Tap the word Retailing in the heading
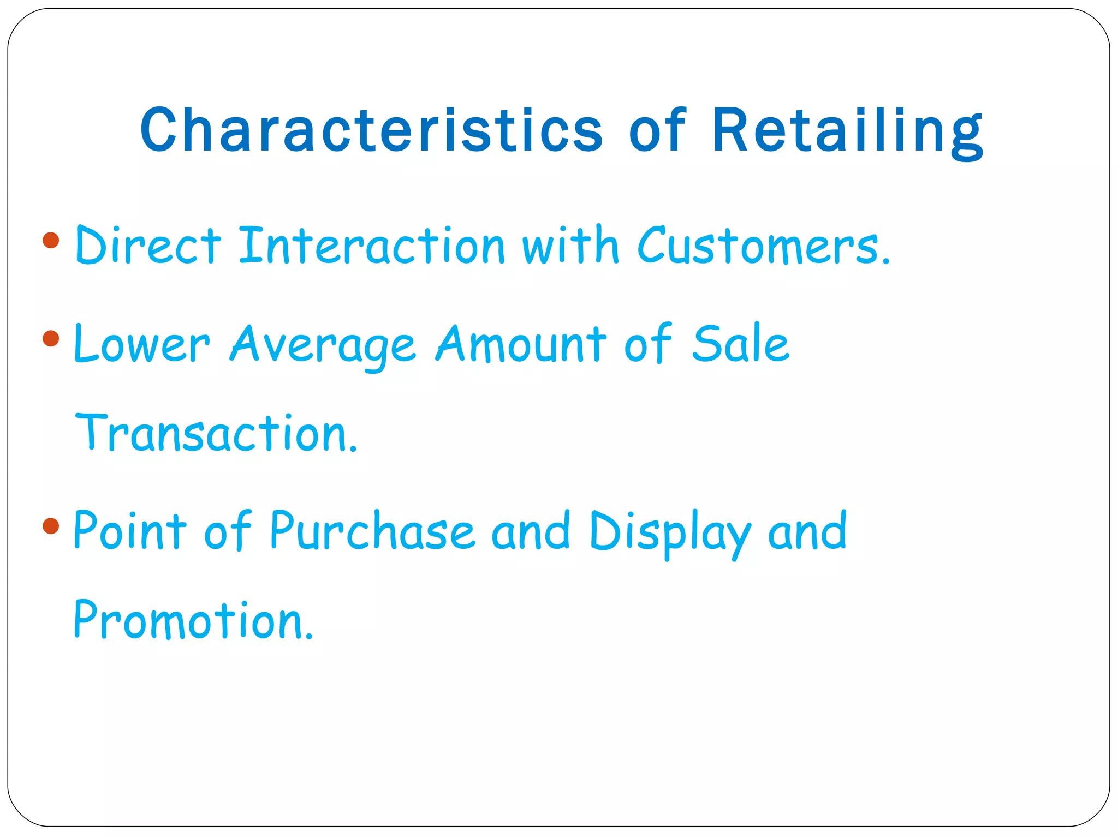[x=848, y=131]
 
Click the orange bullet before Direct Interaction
[x=51, y=241]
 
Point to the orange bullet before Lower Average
[x=51, y=339]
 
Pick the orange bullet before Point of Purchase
[x=51, y=526]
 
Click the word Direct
[x=148, y=246]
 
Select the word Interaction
[x=372, y=246]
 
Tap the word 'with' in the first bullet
[x=570, y=246]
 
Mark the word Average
[x=323, y=345]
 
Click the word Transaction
[x=216, y=434]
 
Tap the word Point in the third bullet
[x=130, y=530]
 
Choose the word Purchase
[x=372, y=530]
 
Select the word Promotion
[x=193, y=620]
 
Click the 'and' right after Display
[x=807, y=530]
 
